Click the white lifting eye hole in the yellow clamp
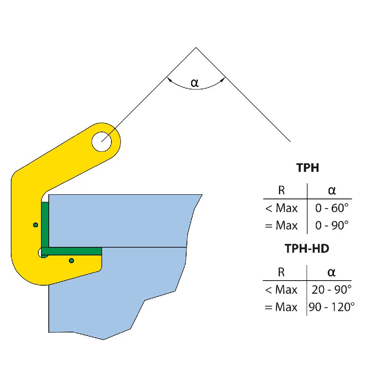tap(102, 142)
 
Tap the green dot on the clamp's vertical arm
tap(36, 225)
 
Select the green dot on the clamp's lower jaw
tap(72, 260)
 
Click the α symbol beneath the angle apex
tap(195, 83)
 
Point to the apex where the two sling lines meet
tap(196, 47)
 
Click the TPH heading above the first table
tap(308, 168)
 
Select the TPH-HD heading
tap(307, 248)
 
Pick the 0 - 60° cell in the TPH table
tap(332, 208)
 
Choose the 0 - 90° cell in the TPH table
tap(332, 225)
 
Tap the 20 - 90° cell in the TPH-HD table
tap(331, 289)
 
